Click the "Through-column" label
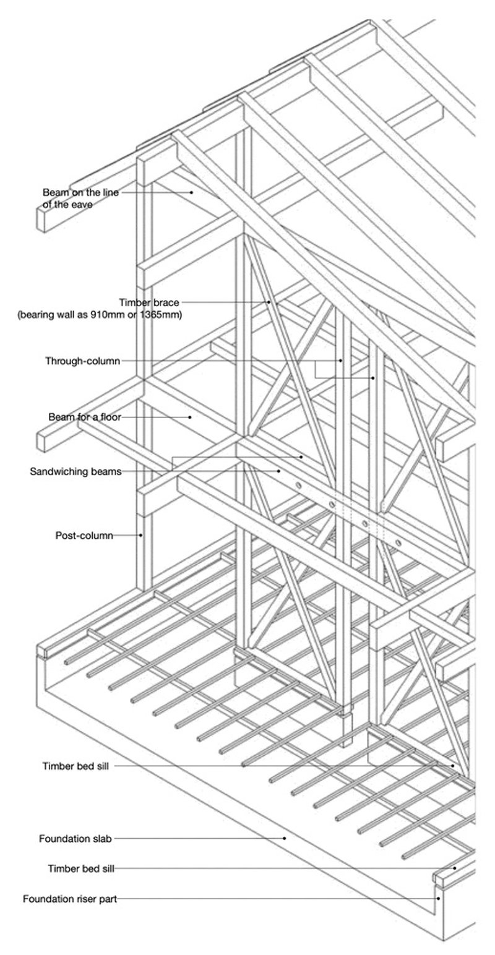point(82,361)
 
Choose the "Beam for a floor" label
point(84,417)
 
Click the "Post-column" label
point(84,536)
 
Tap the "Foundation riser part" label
point(69,899)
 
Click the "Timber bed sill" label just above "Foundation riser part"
point(80,868)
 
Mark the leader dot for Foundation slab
point(285,839)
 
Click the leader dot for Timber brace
point(269,302)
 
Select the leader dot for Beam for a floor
point(191,417)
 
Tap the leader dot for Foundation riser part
point(439,899)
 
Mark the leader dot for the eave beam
point(192,192)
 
